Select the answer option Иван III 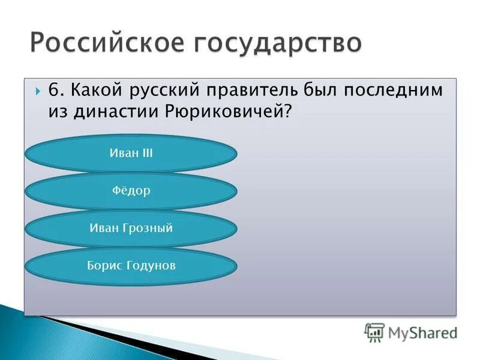[x=131, y=154]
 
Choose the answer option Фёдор [x=131, y=191]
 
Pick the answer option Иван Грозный [x=131, y=228]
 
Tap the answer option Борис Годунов [x=131, y=265]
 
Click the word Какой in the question [x=94, y=91]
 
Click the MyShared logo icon [x=374, y=332]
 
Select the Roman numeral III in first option [x=146, y=154]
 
